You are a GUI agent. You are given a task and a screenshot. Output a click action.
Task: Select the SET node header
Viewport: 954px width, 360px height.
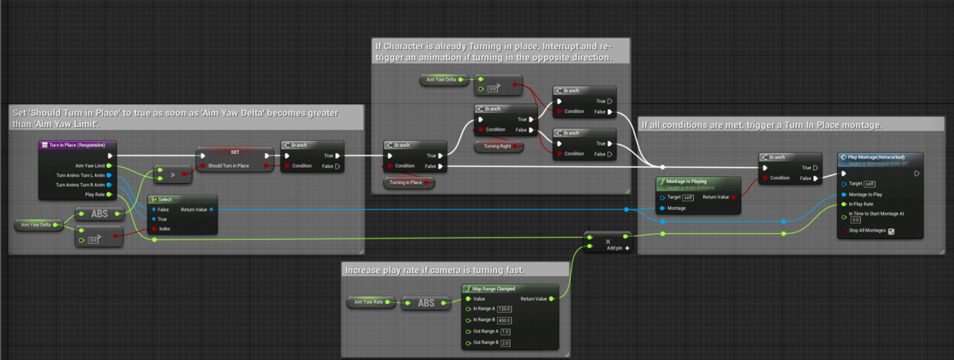point(235,152)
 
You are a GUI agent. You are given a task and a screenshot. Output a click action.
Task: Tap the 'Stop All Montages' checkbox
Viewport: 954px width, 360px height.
point(890,231)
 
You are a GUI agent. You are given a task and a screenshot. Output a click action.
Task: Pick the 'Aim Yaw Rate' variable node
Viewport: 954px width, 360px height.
point(368,303)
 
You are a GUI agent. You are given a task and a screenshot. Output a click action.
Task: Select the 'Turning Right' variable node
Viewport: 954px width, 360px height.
point(498,145)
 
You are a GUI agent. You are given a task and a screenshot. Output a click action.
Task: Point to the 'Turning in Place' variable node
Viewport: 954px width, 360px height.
point(408,182)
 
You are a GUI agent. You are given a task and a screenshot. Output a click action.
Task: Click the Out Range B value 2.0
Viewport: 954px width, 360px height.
point(505,342)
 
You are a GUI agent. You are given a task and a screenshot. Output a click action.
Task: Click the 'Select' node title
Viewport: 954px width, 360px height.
point(165,198)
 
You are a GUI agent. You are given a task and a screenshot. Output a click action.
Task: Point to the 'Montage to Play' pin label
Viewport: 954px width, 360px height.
point(865,195)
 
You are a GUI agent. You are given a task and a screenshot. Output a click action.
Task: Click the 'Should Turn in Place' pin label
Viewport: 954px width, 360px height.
point(228,165)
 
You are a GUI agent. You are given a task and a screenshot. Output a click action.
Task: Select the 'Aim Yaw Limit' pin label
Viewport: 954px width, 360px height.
point(90,165)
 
